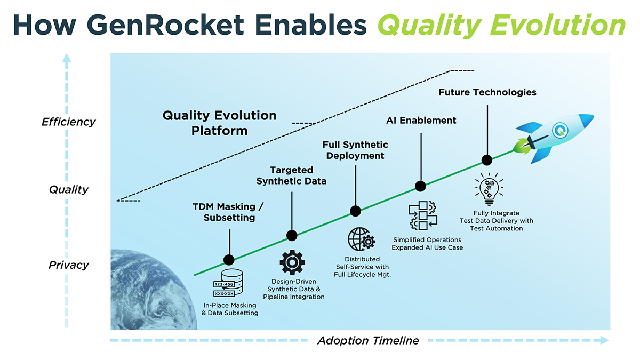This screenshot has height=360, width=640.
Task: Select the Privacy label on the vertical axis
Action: click(x=68, y=265)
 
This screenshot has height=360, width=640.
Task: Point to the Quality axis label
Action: click(x=68, y=189)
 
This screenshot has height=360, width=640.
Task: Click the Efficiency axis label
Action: click(x=68, y=122)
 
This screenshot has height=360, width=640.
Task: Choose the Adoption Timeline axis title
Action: click(x=368, y=340)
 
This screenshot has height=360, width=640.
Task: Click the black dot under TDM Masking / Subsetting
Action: click(x=229, y=260)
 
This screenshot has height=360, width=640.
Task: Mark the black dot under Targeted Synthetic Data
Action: click(x=292, y=235)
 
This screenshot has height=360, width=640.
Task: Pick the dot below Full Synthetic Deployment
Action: click(x=355, y=211)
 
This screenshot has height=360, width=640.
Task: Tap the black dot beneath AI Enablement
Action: click(x=420, y=186)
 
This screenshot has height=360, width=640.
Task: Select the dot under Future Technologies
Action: click(x=486, y=160)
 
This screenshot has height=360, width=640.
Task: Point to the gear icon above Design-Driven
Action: click(x=292, y=262)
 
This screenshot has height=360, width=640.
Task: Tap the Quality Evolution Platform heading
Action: click(x=219, y=123)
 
